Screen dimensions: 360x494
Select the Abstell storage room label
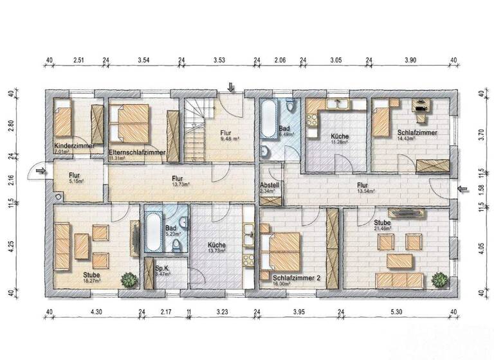[270, 184]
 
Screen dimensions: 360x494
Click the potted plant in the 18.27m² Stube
[129, 280]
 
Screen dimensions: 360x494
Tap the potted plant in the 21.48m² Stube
[439, 280]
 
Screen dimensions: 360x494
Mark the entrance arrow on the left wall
[41, 171]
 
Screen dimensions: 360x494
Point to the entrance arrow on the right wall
[462, 188]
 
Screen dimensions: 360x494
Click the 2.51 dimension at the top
[79, 60]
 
